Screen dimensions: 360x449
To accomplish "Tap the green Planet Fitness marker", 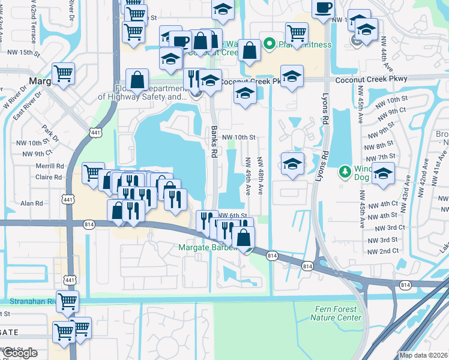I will pos(270,43).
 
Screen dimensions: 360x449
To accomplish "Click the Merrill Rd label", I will pos(50,166).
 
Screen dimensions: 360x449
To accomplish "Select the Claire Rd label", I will pos(49,178).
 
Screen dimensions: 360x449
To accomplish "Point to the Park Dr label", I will pos(49,130).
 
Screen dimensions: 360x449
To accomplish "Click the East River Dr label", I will pos(26,106).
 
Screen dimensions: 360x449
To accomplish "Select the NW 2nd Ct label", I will pos(382,251).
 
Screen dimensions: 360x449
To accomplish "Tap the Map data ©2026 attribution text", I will pos(423,355).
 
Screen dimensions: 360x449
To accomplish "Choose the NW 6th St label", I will pos(233,215).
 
